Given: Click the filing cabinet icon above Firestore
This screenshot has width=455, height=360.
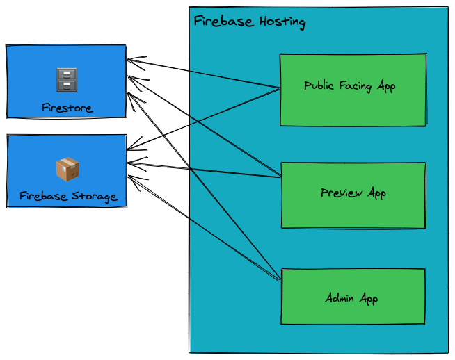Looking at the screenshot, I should tap(66, 80).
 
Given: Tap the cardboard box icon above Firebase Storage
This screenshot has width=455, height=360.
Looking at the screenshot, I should tap(67, 170).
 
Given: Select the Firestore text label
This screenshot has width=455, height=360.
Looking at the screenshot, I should tap(67, 108).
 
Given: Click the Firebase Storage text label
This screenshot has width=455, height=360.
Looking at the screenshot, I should tap(68, 196).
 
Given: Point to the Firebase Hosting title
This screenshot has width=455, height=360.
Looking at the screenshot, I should tap(249, 22).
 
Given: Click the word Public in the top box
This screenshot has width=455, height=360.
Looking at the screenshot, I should tap(320, 86).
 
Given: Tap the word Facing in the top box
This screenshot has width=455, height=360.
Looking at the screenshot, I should tap(356, 86).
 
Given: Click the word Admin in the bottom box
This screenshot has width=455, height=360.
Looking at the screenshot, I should tap(340, 298).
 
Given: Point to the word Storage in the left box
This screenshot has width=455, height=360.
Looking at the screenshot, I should tap(94, 196).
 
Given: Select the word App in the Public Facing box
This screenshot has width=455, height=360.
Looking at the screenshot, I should tap(386, 86).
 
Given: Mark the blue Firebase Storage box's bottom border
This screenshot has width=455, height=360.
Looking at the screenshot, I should tap(66, 207).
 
